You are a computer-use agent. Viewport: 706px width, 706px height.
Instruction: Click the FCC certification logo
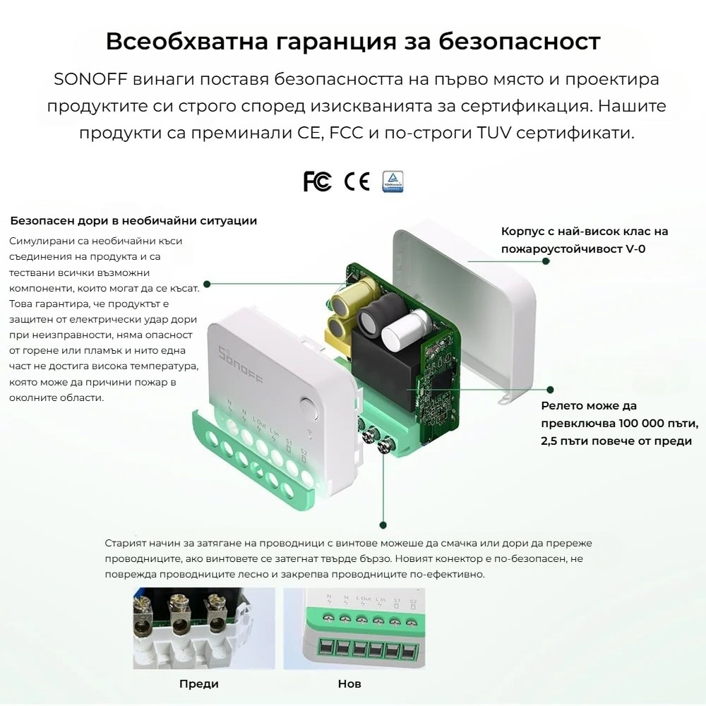tap(318, 181)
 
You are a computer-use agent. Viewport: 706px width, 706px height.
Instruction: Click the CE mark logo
tap(357, 181)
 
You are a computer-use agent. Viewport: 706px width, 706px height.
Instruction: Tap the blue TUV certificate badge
tap(393, 181)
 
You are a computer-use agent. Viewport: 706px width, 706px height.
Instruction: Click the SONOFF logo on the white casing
tap(240, 366)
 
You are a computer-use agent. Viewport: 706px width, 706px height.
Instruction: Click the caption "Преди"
tap(199, 683)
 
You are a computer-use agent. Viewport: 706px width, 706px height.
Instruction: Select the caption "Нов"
tap(349, 683)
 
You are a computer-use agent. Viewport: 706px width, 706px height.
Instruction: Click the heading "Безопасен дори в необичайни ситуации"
tap(133, 220)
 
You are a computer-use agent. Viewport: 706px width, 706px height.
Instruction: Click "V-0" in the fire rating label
tap(636, 249)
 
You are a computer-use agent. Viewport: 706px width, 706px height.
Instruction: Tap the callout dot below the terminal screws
tap(383, 525)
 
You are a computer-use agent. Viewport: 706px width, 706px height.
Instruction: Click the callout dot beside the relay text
tap(550, 390)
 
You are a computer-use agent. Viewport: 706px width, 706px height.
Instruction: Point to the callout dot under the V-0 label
tap(546, 261)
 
